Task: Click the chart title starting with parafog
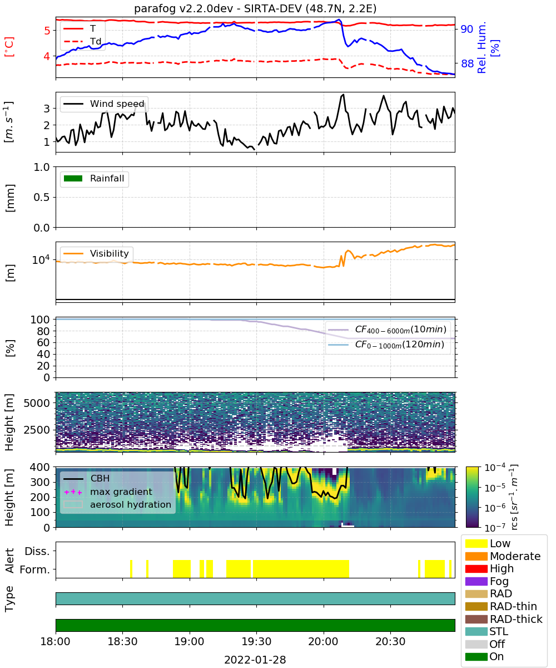tap(255, 8)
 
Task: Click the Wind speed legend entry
tap(104, 104)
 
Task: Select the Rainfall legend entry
tap(94, 178)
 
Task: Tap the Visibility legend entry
tap(96, 253)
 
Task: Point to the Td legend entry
tap(82, 41)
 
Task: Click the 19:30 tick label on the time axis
tap(256, 641)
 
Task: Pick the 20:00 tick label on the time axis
tap(324, 641)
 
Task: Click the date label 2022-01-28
tap(255, 660)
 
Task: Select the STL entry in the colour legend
tap(487, 631)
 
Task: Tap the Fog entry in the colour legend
tap(487, 581)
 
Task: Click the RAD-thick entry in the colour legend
tap(504, 618)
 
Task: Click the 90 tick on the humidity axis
tap(466, 29)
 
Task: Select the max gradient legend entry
tap(108, 492)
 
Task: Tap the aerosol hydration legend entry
tap(117, 504)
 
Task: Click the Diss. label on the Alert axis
tap(37, 551)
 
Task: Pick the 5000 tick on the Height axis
tap(37, 403)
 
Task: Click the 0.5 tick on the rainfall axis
tap(42, 197)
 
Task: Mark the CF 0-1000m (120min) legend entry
tap(386, 345)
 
